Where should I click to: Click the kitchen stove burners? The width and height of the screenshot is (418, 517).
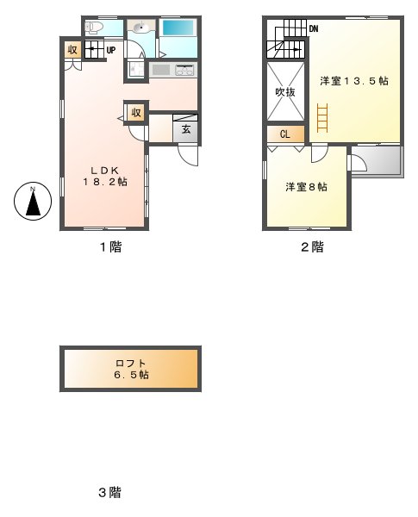pyautogui.click(x=184, y=69)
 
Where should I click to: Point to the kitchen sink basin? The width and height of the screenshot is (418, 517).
pyautogui.click(x=160, y=69)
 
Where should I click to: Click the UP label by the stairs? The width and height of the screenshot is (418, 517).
pyautogui.click(x=111, y=50)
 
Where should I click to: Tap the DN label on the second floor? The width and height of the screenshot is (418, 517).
pyautogui.click(x=315, y=28)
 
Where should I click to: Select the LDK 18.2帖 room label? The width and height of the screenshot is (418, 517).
pyautogui.click(x=105, y=176)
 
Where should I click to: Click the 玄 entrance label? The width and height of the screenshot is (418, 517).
pyautogui.click(x=185, y=130)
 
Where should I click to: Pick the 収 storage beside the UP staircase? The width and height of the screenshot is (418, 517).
pyautogui.click(x=73, y=50)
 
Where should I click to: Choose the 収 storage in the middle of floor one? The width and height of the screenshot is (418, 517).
pyautogui.click(x=136, y=113)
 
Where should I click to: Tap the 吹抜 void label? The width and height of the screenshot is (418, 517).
pyautogui.click(x=286, y=91)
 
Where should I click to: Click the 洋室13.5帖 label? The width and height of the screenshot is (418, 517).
pyautogui.click(x=353, y=81)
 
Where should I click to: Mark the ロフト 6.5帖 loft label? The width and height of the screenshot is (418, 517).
pyautogui.click(x=131, y=369)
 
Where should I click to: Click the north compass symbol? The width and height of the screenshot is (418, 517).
pyautogui.click(x=33, y=202)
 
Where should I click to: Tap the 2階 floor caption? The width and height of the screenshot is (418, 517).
pyautogui.click(x=311, y=246)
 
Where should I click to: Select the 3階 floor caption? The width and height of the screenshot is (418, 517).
pyautogui.click(x=109, y=493)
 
